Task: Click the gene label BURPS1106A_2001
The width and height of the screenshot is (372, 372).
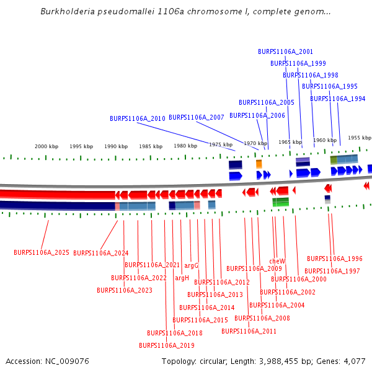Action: pos(285,52)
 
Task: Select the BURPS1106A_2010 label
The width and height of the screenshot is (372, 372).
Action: pos(138,118)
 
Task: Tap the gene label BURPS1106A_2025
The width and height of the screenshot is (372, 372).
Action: pos(42,253)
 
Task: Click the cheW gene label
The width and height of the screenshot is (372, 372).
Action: pos(277,262)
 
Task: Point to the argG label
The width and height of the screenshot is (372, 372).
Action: pos(191,266)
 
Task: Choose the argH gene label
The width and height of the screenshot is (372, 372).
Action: pos(182,278)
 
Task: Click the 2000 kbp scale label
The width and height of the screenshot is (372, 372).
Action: pos(46,146)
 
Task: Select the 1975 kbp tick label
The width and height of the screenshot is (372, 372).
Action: pos(220,144)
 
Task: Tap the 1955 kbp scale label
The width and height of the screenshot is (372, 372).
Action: pos(359,138)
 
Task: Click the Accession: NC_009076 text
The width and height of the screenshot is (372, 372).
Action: pos(47,361)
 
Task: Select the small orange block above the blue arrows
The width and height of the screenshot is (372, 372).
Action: pos(259,164)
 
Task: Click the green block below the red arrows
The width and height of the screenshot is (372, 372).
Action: pos(281,201)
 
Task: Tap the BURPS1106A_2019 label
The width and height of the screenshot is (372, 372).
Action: pos(167,345)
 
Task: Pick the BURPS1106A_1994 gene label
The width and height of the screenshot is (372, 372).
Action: pos(338,99)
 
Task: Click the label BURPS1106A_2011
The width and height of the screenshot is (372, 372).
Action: pos(249,331)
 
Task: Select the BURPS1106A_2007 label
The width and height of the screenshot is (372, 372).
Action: pos(197,117)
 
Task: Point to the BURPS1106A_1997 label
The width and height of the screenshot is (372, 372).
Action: pos(332,271)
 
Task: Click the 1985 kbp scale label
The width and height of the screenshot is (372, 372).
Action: pos(151,146)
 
